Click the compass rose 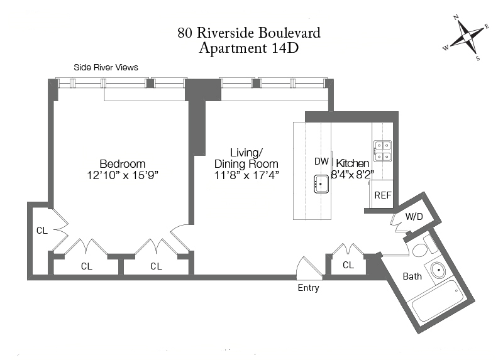pyautogui.click(x=465, y=38)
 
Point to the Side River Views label pyautogui.click(x=106, y=67)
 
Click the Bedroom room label pyautogui.click(x=122, y=163)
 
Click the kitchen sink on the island pyautogui.click(x=320, y=184)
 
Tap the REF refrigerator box pyautogui.click(x=383, y=195)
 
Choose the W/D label pyautogui.click(x=414, y=217)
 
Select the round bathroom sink pyautogui.click(x=438, y=270)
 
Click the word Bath pyautogui.click(x=412, y=276)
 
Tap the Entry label pyautogui.click(x=308, y=288)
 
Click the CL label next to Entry pyautogui.click(x=348, y=266)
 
